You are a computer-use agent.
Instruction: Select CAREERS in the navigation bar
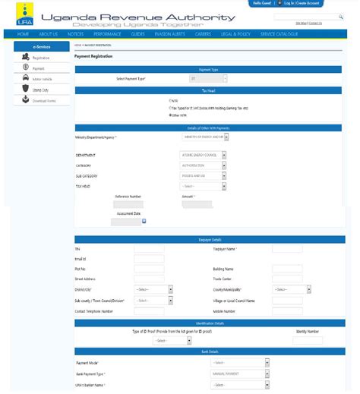pos(202,34)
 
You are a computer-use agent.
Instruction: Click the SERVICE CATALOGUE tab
pos(278,34)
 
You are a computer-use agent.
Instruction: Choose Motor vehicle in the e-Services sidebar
pos(41,78)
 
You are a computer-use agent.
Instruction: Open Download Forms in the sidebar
pos(44,100)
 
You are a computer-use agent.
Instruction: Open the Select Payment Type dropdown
pos(207,78)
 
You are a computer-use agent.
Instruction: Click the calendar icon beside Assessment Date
pos(144,222)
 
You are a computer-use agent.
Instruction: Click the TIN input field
pos(149,248)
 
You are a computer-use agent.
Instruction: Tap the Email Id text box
pos(149,259)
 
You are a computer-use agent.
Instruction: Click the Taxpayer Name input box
pos(287,248)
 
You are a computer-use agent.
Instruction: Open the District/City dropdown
pos(153,289)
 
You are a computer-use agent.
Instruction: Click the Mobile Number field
pos(287,310)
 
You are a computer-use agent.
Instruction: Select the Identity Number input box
pos(307,341)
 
